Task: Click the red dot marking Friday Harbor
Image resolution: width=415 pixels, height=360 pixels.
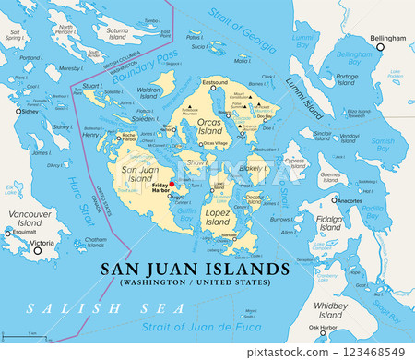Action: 172,184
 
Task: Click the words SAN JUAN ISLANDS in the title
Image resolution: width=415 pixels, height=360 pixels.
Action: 193,269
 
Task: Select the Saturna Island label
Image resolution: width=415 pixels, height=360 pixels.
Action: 117,35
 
